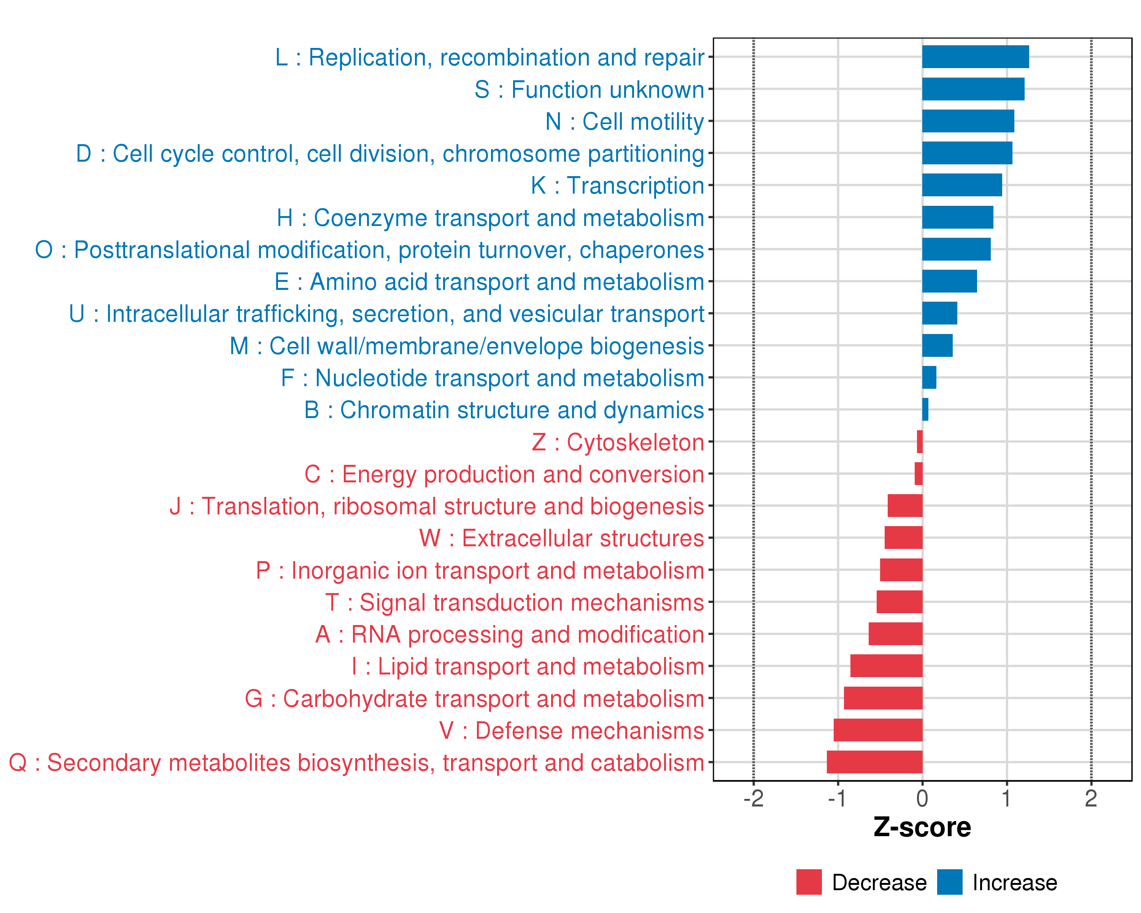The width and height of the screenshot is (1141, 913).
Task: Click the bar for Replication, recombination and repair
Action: click(975, 57)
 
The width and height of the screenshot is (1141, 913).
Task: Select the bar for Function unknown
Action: click(973, 89)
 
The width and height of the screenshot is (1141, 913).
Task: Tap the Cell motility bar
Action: click(968, 121)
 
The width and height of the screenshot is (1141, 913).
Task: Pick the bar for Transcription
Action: click(962, 185)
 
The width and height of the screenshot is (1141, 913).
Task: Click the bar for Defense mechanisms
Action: click(878, 730)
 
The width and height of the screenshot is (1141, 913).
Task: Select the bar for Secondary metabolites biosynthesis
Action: click(874, 762)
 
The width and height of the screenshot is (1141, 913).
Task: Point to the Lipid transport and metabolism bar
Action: click(887, 666)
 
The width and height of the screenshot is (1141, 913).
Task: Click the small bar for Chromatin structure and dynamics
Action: click(925, 410)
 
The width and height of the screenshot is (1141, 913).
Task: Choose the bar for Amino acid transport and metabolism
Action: click(949, 281)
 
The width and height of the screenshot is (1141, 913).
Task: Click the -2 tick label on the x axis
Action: click(753, 798)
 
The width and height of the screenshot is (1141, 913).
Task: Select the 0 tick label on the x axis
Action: click(922, 798)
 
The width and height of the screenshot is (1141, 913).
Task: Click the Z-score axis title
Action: click(922, 827)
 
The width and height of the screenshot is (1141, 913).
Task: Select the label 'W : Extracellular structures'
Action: click(561, 538)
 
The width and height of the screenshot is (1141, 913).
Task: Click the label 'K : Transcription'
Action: click(618, 186)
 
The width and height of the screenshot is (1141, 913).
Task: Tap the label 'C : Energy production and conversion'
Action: click(504, 474)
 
